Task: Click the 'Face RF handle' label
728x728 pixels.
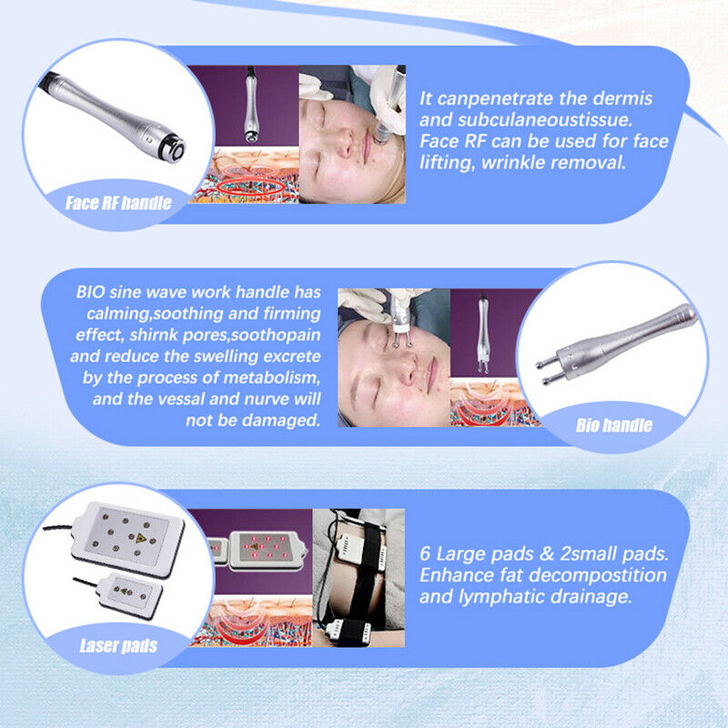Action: click(x=118, y=202)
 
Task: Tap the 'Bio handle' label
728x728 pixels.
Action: click(x=614, y=424)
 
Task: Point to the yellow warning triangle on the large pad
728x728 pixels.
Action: click(x=141, y=538)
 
